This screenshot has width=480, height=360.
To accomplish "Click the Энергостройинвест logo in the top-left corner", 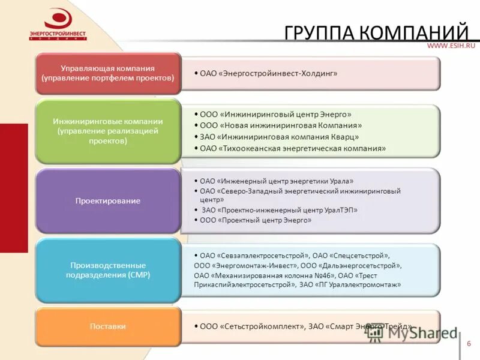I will (x=58, y=25).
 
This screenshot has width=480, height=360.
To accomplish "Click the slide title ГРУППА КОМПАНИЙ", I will (x=376, y=32).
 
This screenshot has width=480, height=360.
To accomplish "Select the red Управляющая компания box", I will (x=108, y=73).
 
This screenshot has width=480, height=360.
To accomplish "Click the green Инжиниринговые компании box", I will (x=108, y=131).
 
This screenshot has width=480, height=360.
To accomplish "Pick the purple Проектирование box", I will (x=108, y=201).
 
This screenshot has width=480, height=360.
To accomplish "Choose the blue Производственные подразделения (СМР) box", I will (x=108, y=270).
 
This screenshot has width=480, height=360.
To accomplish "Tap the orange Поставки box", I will (x=108, y=326).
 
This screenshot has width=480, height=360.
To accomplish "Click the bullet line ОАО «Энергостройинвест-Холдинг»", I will (x=269, y=73).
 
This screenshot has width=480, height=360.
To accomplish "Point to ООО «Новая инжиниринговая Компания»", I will (x=281, y=125).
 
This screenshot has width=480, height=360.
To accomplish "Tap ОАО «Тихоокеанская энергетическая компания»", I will (x=293, y=148).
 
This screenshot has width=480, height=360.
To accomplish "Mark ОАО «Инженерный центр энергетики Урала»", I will (x=277, y=181).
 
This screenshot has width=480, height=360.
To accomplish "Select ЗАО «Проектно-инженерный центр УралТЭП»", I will (x=280, y=210).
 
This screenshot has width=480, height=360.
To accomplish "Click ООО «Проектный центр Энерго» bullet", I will (x=256, y=220).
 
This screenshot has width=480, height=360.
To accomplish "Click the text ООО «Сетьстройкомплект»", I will (x=251, y=326).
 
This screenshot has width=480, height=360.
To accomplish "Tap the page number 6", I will (x=469, y=343).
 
